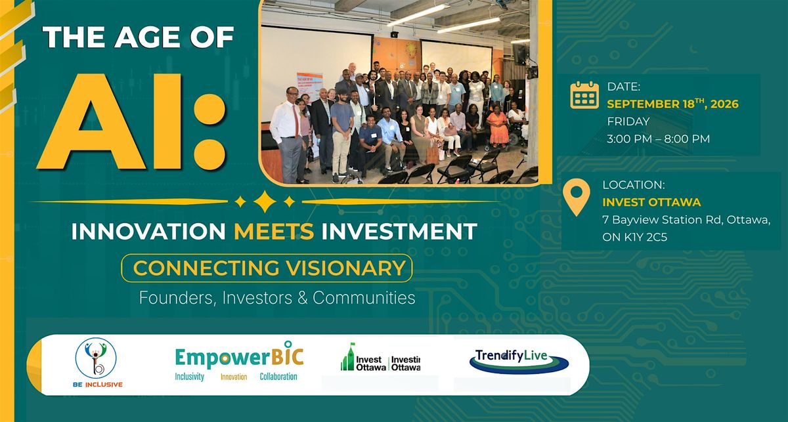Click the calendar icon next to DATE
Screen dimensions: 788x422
[584, 95]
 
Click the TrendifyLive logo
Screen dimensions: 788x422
[519, 362]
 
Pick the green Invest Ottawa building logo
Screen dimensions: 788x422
[348, 357]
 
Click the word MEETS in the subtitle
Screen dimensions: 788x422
[274, 231]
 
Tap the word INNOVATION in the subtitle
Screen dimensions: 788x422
[148, 231]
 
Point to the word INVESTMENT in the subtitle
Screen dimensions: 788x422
[399, 231]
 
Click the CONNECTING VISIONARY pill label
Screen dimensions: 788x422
[267, 268]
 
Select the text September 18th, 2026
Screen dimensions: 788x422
[672, 104]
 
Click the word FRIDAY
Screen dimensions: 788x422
[628, 121]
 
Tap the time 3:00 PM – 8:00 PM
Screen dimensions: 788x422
[658, 138]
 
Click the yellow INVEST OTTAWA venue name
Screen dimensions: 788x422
[651, 202]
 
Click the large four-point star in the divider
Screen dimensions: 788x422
[265, 202]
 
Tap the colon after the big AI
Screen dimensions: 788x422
[209, 132]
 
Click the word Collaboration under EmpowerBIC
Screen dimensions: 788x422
[278, 377]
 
